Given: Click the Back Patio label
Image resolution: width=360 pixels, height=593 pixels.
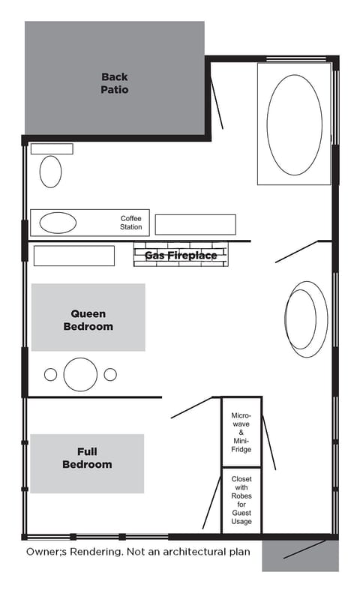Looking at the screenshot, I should pos(115,82).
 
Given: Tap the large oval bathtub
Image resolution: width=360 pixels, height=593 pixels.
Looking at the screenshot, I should pos(294,124).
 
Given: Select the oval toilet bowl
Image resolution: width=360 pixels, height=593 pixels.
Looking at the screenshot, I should pos(50,172).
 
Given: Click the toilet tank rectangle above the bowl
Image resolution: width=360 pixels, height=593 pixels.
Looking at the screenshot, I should pos(52,148).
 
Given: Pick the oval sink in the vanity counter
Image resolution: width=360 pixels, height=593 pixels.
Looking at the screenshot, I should pos(58,223).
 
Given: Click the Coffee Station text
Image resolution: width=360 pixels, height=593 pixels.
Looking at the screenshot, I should pos(131,223).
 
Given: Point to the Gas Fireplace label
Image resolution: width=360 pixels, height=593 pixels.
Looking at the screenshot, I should pos(181,256).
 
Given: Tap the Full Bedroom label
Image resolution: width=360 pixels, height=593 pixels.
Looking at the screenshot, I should pos(87,458).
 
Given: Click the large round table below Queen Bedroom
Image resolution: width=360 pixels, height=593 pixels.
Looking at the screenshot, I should pos(81,374).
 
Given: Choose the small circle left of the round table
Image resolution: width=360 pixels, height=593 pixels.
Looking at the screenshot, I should pos(51,374).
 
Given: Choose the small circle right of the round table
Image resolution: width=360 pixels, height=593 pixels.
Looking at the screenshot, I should pos(110,374).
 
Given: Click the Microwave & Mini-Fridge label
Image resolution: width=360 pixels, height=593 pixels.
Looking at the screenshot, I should pos(241,432).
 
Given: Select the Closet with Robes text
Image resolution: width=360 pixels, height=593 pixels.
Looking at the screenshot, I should pos(241,499).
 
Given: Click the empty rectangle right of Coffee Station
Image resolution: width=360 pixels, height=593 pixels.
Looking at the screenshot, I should pos(195,224).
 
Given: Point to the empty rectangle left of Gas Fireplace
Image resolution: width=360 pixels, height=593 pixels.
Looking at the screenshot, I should pos(73,256).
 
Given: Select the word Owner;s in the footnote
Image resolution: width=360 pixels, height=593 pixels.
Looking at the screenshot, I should pos(47,551).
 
